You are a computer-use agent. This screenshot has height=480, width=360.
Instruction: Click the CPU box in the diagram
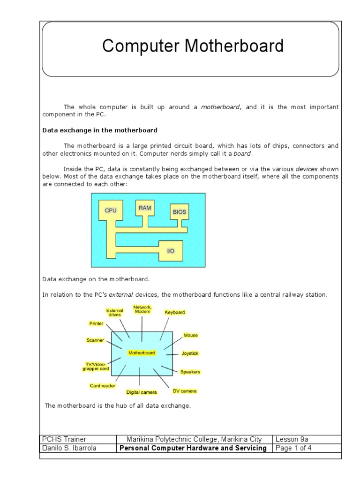point(111,211)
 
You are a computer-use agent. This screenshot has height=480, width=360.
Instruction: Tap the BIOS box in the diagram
point(179,212)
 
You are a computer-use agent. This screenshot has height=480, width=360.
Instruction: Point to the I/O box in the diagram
point(171,251)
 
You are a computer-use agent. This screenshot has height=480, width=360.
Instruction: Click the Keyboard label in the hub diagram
point(174,312)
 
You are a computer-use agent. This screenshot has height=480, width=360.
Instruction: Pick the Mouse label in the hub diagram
point(190,335)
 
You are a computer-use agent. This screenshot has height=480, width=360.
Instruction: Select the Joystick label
point(189,353)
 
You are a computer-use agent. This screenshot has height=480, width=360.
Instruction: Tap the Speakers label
point(190,372)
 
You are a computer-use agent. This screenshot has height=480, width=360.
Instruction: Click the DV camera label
point(185,390)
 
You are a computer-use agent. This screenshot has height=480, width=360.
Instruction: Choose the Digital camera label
point(142,392)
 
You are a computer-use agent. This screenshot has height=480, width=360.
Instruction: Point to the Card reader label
point(102,385)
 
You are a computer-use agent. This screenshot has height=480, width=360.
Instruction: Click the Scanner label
point(95,340)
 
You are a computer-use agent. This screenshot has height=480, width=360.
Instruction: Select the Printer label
point(96,323)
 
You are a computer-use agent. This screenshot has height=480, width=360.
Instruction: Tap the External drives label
point(114,312)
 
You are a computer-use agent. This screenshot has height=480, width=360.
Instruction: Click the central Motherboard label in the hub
point(142,352)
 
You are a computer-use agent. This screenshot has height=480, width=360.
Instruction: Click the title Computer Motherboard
point(193,46)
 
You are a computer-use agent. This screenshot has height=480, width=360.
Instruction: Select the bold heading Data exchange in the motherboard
point(99,130)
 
